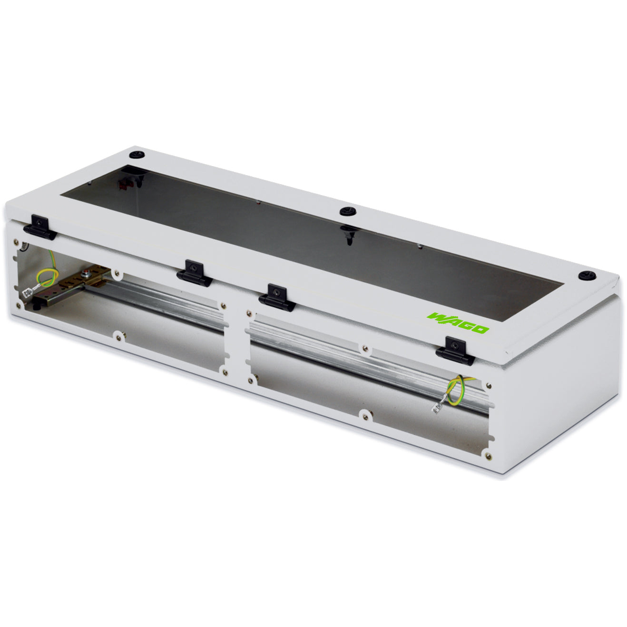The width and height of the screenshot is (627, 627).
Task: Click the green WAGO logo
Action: point(458,323)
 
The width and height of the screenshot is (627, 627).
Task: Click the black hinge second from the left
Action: point(194,274)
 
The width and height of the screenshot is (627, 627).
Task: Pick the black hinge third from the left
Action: point(277,298)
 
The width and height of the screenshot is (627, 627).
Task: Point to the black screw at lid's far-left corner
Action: point(137,155)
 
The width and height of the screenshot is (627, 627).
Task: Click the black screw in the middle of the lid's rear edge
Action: point(348,212)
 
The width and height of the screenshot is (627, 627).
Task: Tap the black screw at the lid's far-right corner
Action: point(588,275)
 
